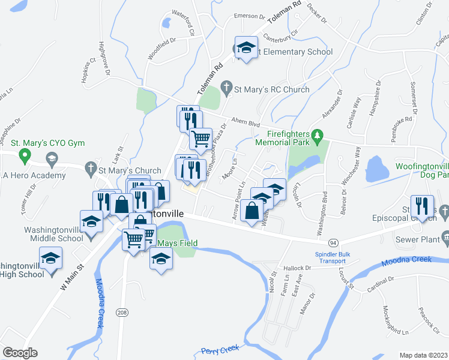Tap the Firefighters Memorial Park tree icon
tap(318, 143)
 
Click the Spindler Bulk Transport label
tap(336, 257)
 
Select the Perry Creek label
tap(220, 349)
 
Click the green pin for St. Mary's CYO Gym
tap(25, 157)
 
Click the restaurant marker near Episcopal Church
tap(421, 206)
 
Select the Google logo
tap(20, 353)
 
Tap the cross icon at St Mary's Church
tap(90, 170)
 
